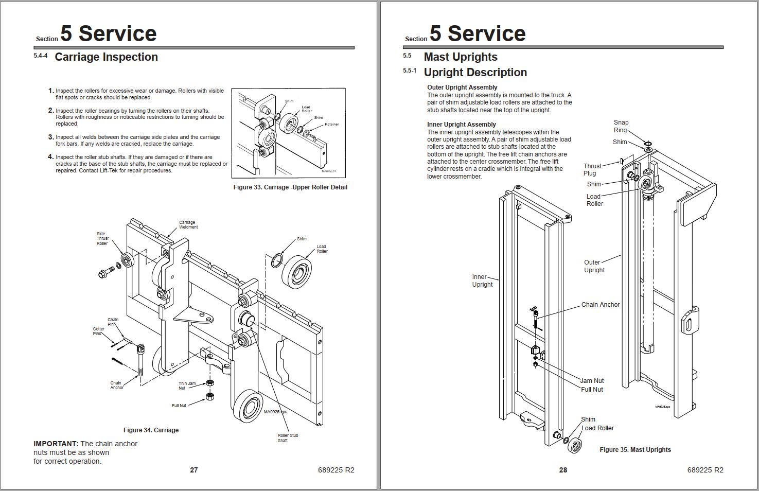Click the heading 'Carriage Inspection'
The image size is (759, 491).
106,57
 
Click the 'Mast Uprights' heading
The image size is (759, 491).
460,57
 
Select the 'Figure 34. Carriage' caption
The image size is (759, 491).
151,430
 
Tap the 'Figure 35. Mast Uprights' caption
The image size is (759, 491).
635,450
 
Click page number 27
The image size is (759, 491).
194,470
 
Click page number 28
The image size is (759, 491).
563,470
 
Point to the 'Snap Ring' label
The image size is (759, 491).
621,126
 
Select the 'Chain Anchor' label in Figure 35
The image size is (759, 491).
600,305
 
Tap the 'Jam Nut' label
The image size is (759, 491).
592,381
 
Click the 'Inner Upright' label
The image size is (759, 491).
482,280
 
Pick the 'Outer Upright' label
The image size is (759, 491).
594,266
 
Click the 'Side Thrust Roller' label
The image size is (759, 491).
102,238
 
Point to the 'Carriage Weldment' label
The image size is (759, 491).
188,225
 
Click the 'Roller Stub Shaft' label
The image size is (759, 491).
287,438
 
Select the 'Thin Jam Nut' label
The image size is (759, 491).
187,385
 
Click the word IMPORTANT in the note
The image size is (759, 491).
56,444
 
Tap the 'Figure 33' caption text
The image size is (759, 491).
290,187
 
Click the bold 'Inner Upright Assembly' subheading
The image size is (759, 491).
461,125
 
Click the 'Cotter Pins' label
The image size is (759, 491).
98,331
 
